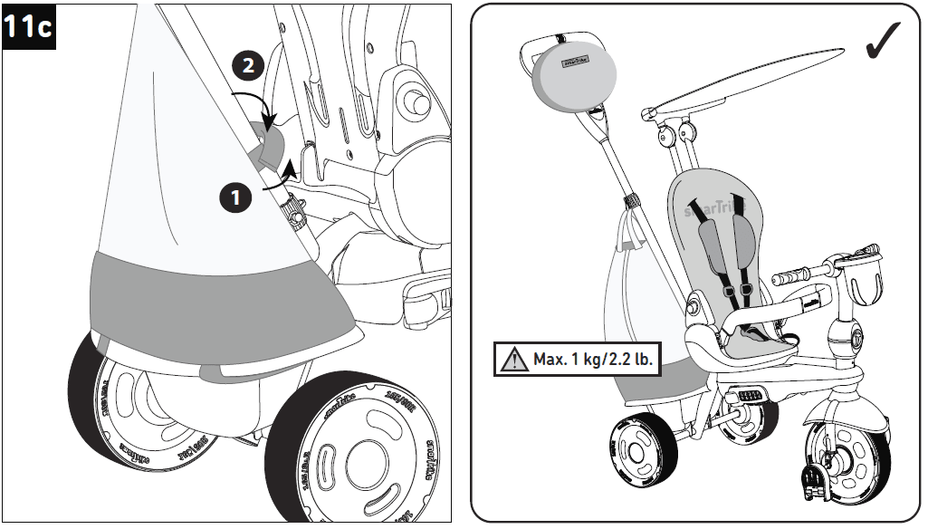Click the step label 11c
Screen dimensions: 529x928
point(29,27)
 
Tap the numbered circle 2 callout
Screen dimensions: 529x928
point(248,66)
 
